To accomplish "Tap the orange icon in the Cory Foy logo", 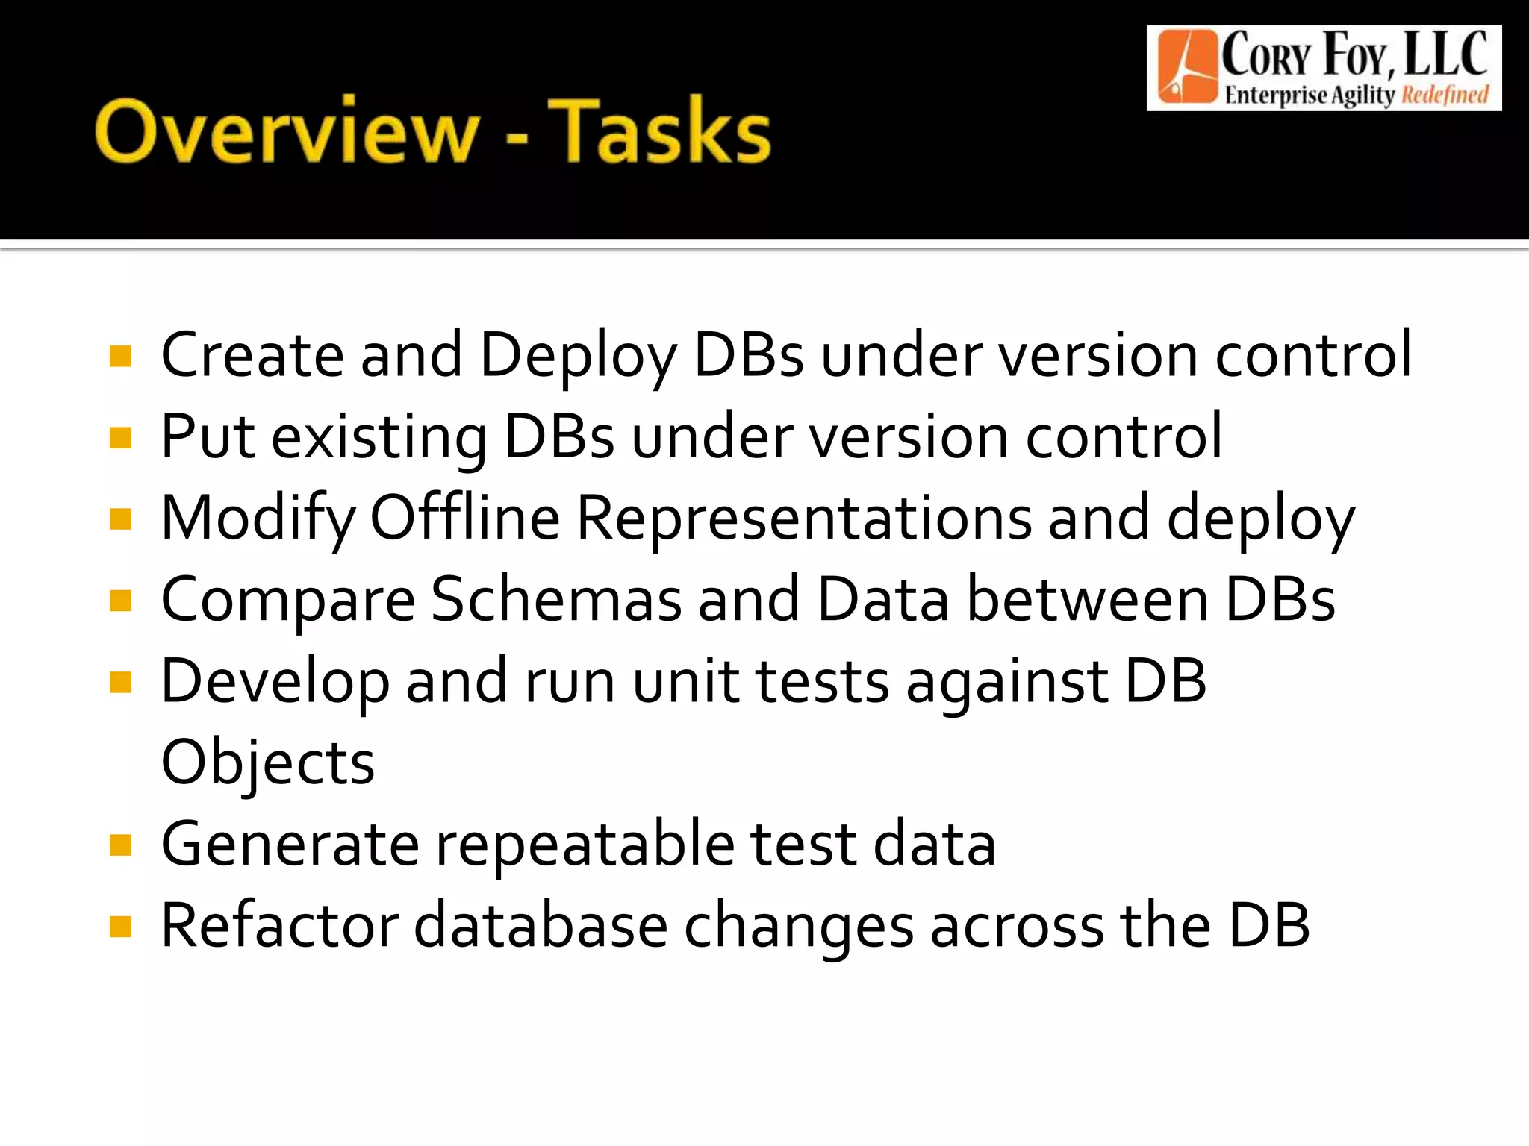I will [x=1187, y=67].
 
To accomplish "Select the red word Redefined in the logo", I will [x=1445, y=95].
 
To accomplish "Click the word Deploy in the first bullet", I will [x=578, y=356].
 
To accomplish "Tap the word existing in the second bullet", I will [x=379, y=438].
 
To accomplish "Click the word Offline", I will [x=464, y=518].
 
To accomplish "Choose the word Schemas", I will [x=556, y=599].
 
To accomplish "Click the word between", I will [x=1087, y=599].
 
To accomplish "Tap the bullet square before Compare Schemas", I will [x=120, y=601].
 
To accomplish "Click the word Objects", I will [x=267, y=763].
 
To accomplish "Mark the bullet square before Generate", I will [x=120, y=845].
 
